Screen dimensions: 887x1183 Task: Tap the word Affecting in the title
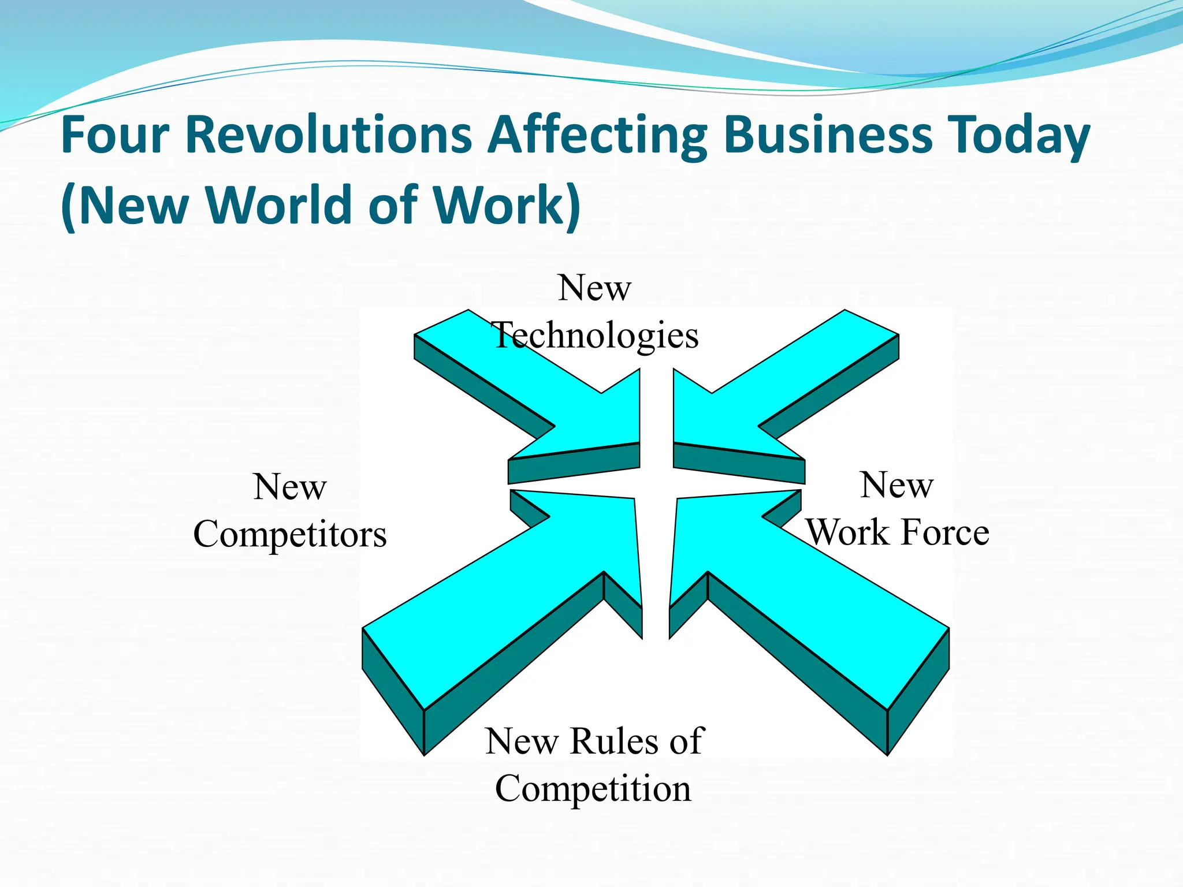597,136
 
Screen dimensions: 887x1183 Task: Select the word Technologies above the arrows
595,336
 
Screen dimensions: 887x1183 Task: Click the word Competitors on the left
289,535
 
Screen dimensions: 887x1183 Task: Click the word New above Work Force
896,485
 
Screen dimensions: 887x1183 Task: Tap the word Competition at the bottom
593,789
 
